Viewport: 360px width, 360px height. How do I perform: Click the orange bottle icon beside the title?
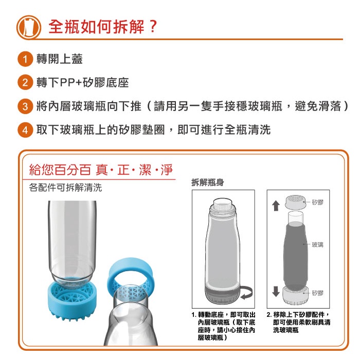click(x=29, y=27)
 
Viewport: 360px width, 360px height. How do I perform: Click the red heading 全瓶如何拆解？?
click(x=103, y=27)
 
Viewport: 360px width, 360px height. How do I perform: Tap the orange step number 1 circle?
click(x=25, y=59)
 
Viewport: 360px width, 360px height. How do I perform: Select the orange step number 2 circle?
click(x=25, y=82)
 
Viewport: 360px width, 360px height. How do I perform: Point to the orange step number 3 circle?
click(x=25, y=106)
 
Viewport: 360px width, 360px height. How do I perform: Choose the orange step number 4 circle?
click(x=25, y=130)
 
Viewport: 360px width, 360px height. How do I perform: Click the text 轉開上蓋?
click(x=60, y=59)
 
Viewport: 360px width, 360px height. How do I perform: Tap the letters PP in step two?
click(x=67, y=83)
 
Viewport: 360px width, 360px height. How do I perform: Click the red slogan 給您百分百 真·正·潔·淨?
click(x=101, y=170)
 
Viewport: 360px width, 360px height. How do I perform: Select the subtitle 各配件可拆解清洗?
click(x=65, y=188)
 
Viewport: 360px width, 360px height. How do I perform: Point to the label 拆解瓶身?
click(x=208, y=183)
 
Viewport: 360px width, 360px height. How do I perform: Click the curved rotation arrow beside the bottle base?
click(x=246, y=292)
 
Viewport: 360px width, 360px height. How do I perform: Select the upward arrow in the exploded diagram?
click(x=276, y=206)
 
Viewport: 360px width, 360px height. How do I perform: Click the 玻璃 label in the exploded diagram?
click(x=317, y=245)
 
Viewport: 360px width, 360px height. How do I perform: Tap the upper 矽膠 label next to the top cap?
click(x=317, y=202)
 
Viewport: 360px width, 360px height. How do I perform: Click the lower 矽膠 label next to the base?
click(x=317, y=293)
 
